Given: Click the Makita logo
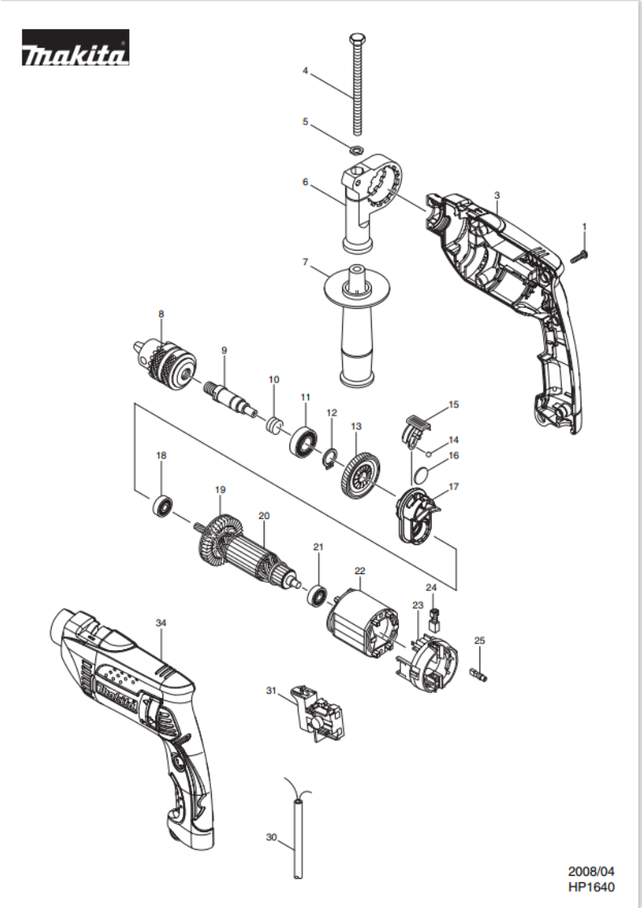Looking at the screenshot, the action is coord(75,48).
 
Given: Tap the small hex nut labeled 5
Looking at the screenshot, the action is coord(356,150).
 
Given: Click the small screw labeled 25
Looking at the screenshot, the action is coord(479,674).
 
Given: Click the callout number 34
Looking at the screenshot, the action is coord(161,623).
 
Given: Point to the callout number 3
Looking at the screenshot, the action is coord(497,195).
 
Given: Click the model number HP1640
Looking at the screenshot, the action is coord(591,887).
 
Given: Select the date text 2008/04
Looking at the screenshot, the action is coord(591,871).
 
